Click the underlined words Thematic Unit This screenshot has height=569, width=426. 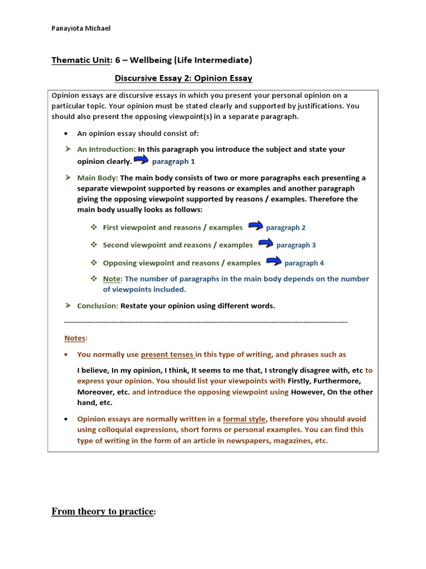(x=77, y=60)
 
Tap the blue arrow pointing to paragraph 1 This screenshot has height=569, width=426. (x=142, y=161)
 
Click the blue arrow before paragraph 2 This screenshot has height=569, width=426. (x=256, y=226)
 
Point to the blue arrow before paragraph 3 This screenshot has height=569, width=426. (x=266, y=244)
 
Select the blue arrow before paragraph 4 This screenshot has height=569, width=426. (x=273, y=262)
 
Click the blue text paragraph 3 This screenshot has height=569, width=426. (x=296, y=245)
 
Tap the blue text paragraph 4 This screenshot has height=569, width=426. (x=304, y=263)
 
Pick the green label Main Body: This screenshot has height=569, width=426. (x=97, y=178)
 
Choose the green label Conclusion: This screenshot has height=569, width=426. (x=97, y=306)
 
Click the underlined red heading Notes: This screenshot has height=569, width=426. (x=75, y=338)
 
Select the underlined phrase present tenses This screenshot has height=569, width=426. (x=167, y=355)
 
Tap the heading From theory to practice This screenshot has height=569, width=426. (x=103, y=511)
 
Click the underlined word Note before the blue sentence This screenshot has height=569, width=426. (x=112, y=279)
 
